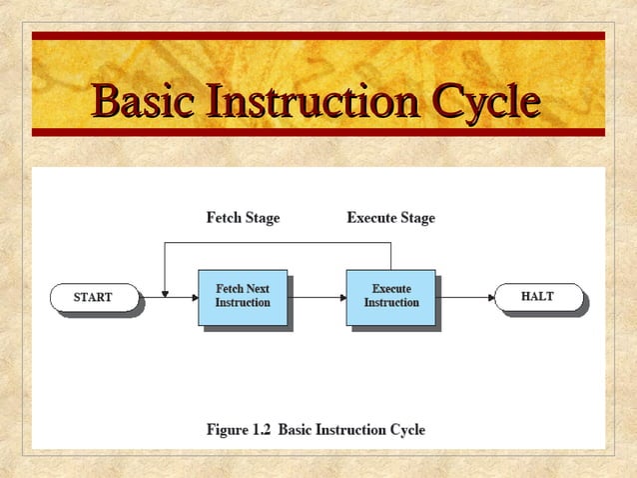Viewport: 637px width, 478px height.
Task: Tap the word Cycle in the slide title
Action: click(484, 102)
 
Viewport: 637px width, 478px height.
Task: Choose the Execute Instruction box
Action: click(390, 296)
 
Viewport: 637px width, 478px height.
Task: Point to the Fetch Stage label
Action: click(243, 217)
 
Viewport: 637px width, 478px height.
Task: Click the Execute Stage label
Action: click(390, 217)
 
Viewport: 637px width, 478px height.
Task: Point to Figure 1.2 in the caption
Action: click(239, 430)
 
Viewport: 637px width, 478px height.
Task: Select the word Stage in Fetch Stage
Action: click(262, 217)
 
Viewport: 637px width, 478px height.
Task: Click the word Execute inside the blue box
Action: click(391, 289)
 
